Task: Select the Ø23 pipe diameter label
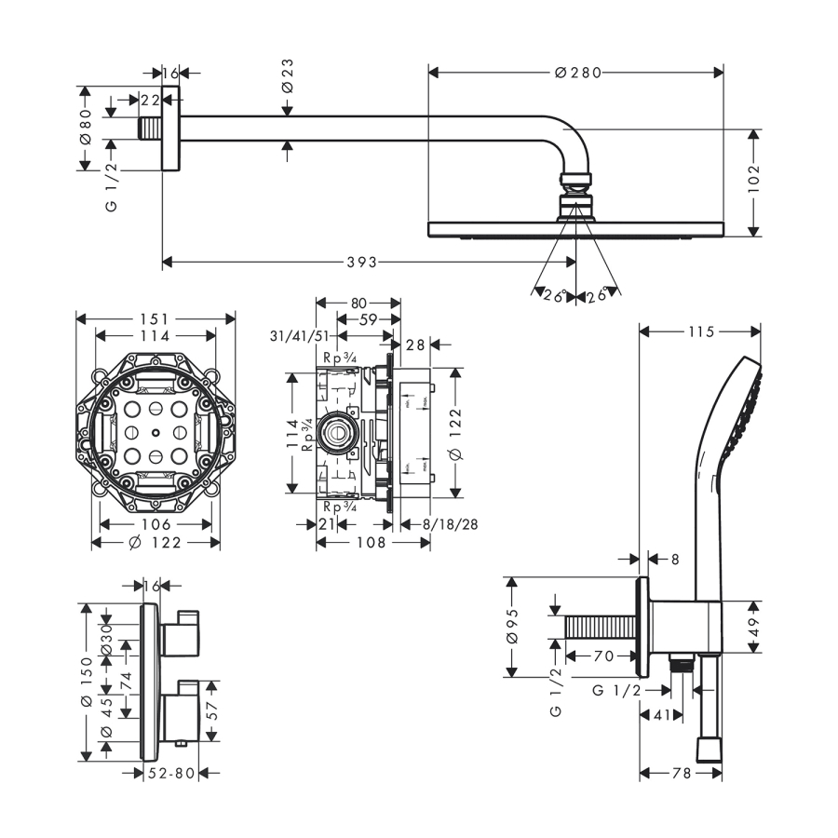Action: click(x=288, y=74)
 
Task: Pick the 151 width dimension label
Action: click(x=155, y=318)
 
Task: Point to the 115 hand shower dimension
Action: click(x=699, y=331)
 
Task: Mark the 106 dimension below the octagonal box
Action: click(x=155, y=524)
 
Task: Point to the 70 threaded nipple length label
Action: click(x=602, y=656)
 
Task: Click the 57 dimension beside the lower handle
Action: click(x=213, y=712)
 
